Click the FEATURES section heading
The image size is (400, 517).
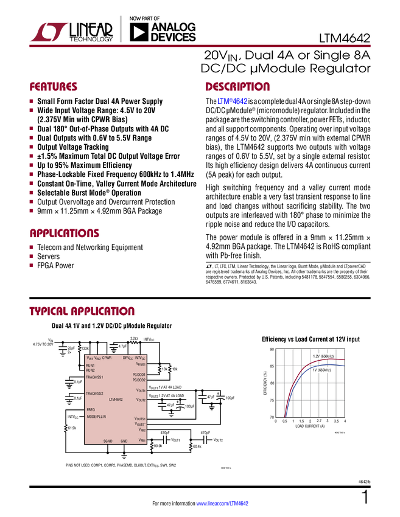54,87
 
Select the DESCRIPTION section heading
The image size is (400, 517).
237,87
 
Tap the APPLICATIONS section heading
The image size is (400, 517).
65,234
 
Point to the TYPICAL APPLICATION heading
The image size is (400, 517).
82,311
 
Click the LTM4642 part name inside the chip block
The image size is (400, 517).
116,400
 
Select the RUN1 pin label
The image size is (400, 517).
90,366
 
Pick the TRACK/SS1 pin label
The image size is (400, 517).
94,377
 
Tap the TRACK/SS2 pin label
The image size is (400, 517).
94,394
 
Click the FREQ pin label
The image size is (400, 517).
90,410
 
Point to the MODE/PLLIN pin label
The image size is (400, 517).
96,417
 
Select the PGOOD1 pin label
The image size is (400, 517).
139,374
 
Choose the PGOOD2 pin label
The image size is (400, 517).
139,380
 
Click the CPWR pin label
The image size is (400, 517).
107,358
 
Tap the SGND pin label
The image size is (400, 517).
108,441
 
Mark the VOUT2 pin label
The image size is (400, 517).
140,400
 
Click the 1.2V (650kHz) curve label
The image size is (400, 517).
322,356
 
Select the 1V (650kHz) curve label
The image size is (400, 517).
322,370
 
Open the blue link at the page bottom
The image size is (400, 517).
223,504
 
